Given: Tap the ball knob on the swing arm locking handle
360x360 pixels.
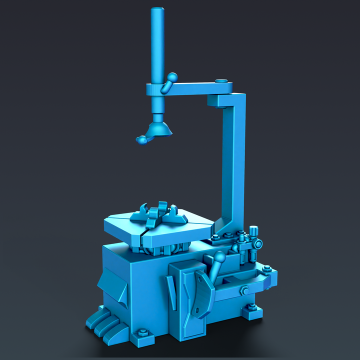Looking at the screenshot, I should click(x=172, y=77).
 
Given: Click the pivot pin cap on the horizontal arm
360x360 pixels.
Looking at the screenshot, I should click(x=221, y=81).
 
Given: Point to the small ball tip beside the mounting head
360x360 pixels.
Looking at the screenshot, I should click(x=139, y=140).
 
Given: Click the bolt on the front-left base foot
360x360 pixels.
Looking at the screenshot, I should click(x=142, y=332).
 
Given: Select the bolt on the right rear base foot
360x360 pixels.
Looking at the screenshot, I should click(x=253, y=307).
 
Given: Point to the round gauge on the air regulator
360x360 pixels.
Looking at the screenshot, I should click(x=258, y=244).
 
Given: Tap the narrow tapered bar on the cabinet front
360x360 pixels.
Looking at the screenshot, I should click(x=171, y=292).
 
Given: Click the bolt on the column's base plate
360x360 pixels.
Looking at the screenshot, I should click(x=228, y=235).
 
